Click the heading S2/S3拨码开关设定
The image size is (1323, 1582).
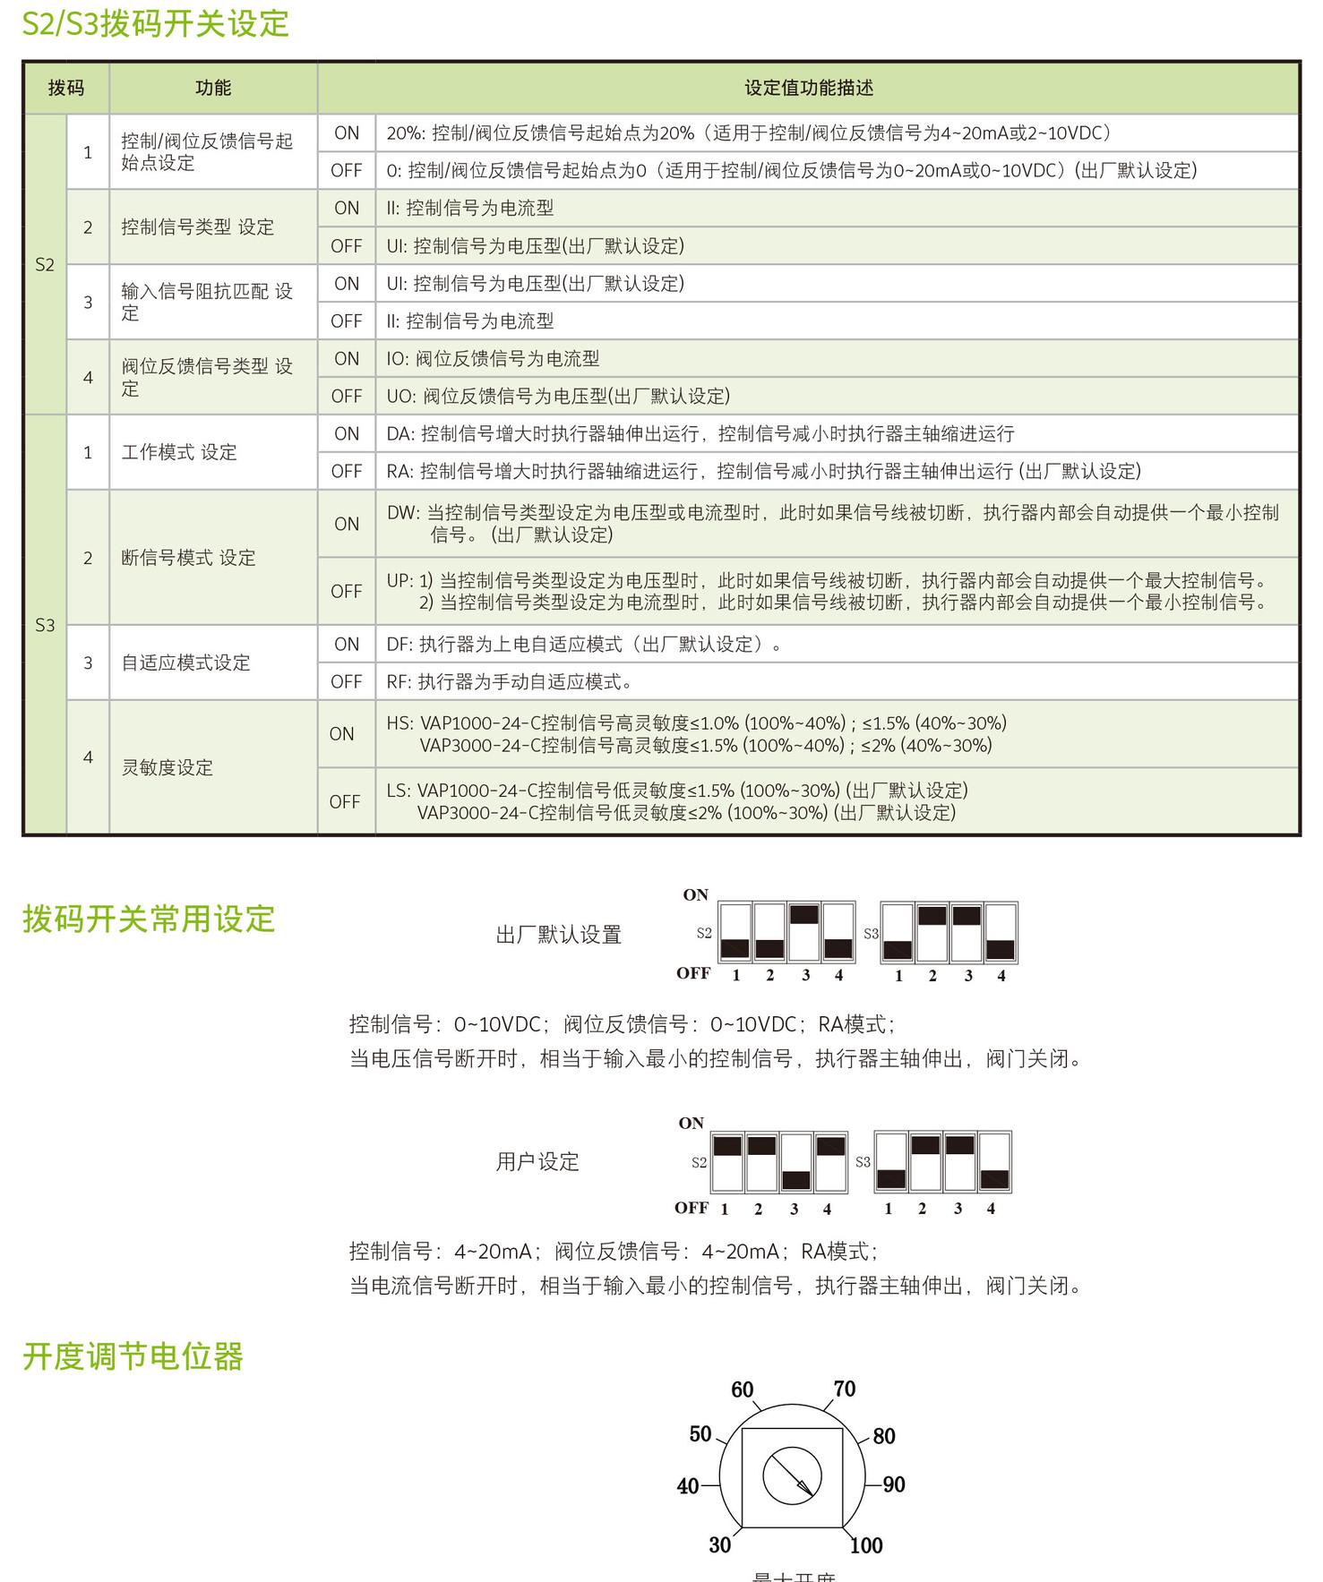(x=155, y=24)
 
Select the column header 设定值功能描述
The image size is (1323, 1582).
(x=808, y=88)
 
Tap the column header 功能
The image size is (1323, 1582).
(x=213, y=88)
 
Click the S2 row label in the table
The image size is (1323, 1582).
(x=45, y=264)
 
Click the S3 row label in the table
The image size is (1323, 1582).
(x=45, y=625)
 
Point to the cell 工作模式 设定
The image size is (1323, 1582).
(x=179, y=452)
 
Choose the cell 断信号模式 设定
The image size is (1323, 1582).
(x=188, y=558)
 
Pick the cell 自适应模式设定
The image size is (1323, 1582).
(x=185, y=663)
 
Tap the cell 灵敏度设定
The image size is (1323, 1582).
(x=168, y=767)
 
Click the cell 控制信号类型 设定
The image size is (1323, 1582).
(x=197, y=227)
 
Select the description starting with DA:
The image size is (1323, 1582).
(x=700, y=433)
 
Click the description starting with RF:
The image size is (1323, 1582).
(x=509, y=681)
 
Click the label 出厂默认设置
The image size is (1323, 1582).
(x=558, y=935)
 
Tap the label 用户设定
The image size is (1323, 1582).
(x=537, y=1162)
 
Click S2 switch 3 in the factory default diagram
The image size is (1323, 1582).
(x=804, y=932)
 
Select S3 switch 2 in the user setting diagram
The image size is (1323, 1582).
(x=924, y=1161)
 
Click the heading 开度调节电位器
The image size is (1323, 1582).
(x=133, y=1356)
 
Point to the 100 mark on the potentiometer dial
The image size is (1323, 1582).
(x=866, y=1545)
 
